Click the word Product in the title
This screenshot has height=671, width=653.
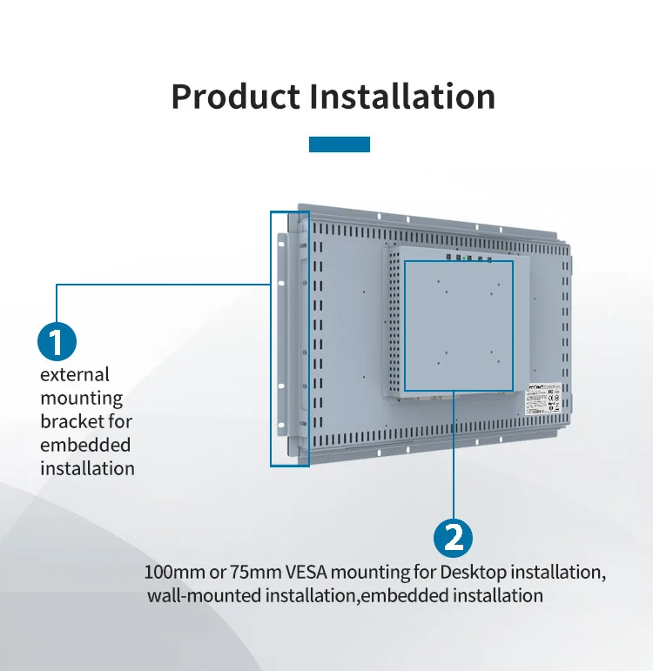(x=234, y=96)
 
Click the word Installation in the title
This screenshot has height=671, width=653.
(x=402, y=96)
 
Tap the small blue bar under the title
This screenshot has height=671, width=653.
(x=340, y=144)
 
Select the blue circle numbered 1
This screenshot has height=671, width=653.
(x=57, y=341)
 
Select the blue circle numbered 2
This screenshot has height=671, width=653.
(x=454, y=538)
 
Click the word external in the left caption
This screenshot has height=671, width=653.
(x=75, y=374)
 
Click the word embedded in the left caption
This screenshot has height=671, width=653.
(x=85, y=445)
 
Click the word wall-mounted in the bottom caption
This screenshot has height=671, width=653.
(x=204, y=596)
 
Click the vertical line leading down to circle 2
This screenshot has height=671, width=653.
(x=454, y=453)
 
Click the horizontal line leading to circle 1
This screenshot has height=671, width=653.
(x=161, y=285)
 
